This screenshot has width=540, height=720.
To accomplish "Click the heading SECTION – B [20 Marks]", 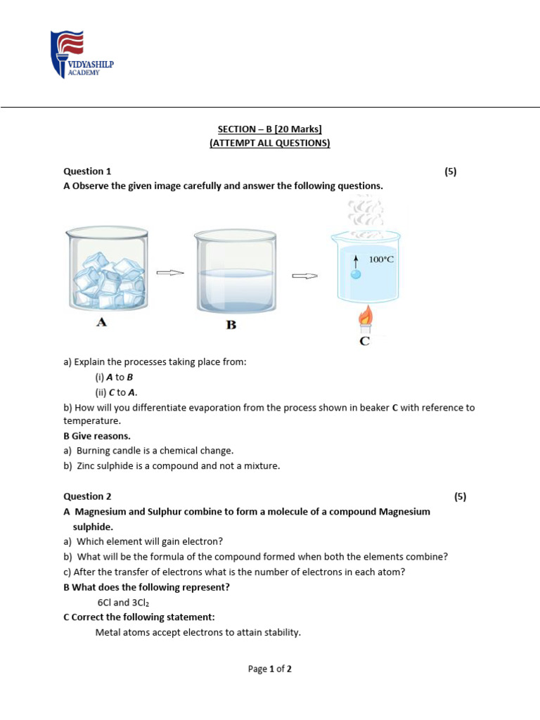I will pyautogui.click(x=270, y=129).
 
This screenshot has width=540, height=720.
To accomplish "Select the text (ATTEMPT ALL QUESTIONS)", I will pyautogui.click(x=270, y=143).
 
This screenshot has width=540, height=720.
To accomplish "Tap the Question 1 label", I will pyautogui.click(x=87, y=171).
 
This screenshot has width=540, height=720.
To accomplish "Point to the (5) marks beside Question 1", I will pyautogui.click(x=451, y=171).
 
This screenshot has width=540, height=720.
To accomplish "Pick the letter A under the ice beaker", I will pyautogui.click(x=101, y=323).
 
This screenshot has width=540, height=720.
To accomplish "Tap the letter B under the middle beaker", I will pyautogui.click(x=230, y=326).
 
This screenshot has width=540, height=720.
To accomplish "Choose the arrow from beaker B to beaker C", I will pyautogui.click(x=304, y=276).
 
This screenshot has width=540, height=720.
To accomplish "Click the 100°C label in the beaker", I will pyautogui.click(x=382, y=259).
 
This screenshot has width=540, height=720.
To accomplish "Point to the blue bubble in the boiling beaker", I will pyautogui.click(x=356, y=274).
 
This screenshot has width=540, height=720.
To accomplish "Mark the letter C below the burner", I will pyautogui.click(x=364, y=342).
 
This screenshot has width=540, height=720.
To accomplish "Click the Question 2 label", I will pyautogui.click(x=87, y=496).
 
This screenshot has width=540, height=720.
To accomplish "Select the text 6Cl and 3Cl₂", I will pyautogui.click(x=123, y=603).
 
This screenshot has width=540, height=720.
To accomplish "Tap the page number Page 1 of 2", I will pyautogui.click(x=270, y=669).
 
